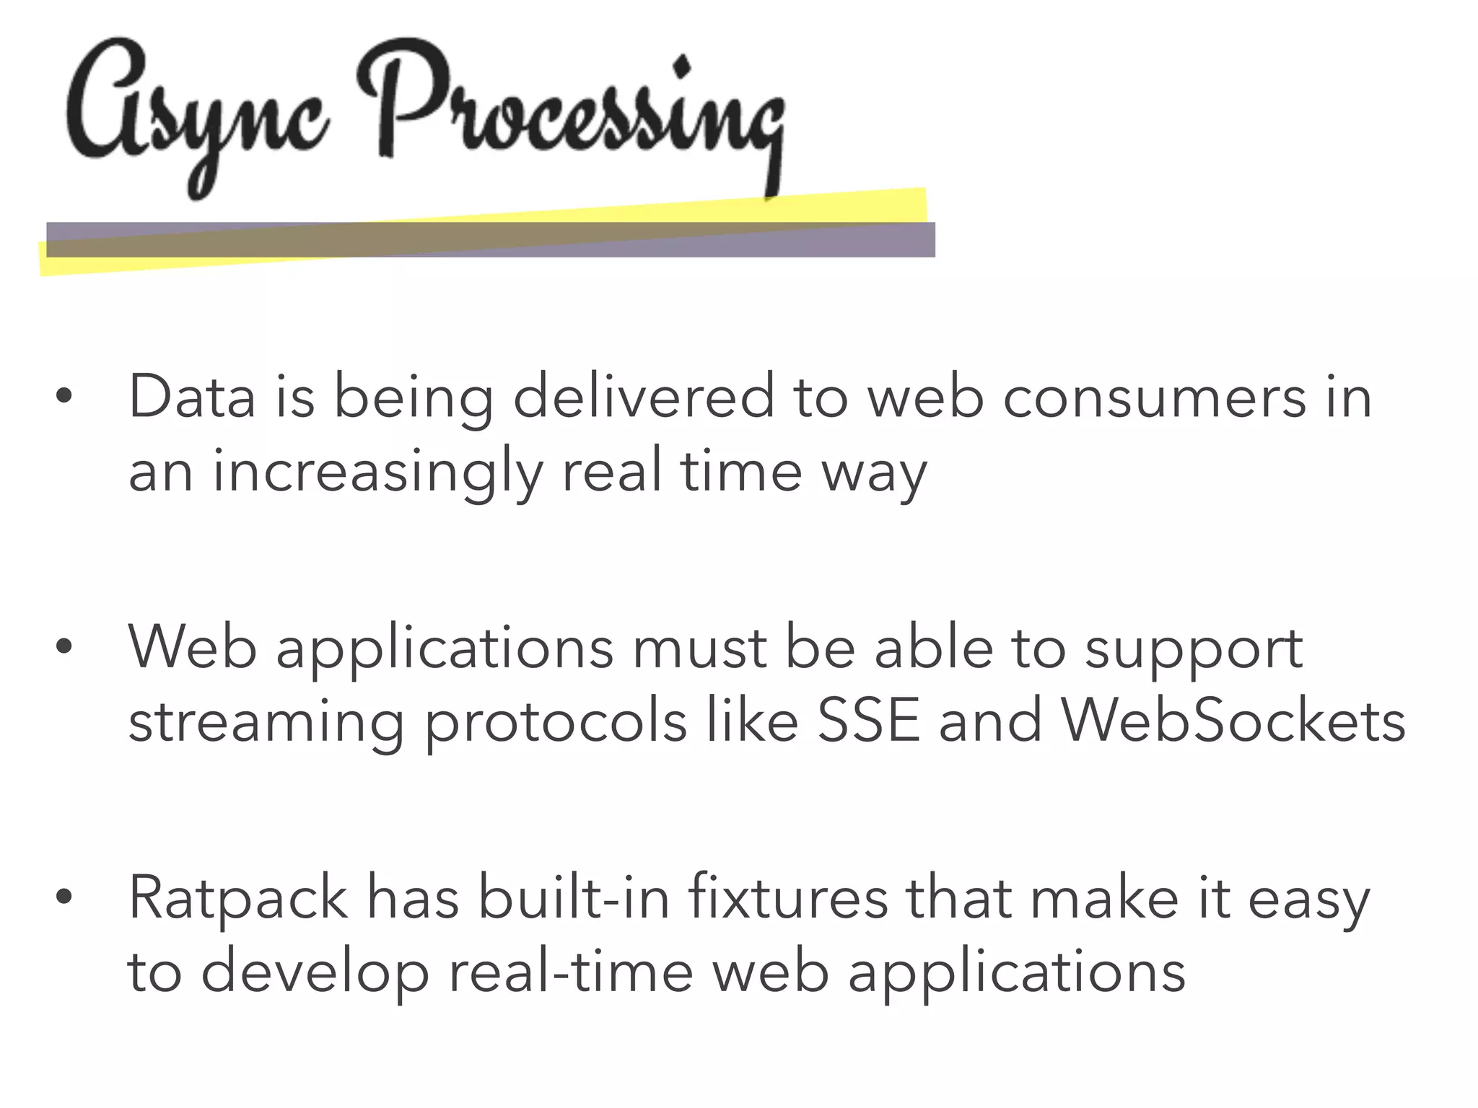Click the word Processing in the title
(x=570, y=115)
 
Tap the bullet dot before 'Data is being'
(x=64, y=396)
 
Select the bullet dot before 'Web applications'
(x=64, y=647)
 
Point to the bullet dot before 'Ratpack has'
(x=64, y=897)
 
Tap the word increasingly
(x=377, y=472)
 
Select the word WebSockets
(x=1233, y=721)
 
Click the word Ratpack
(x=238, y=899)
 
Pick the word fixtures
(x=788, y=897)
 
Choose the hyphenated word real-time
(x=571, y=971)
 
